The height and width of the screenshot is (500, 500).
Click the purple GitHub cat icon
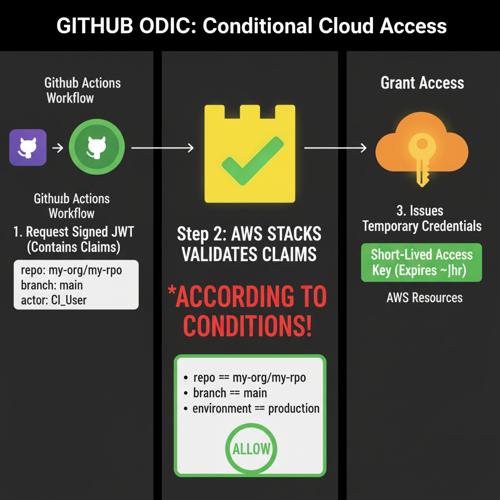28,147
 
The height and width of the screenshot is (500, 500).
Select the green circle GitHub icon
97,147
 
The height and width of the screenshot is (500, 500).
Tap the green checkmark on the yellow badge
250,161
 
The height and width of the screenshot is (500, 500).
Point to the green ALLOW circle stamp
251,448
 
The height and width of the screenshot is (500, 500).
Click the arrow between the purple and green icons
58,147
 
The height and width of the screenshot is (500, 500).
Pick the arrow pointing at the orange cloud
335,147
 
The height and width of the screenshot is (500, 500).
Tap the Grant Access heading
422,83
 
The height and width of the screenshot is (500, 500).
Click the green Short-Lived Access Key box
421,262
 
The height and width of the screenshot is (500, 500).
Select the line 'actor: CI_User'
54,300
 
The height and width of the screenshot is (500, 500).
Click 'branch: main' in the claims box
52,285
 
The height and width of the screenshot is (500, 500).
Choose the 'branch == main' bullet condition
230,393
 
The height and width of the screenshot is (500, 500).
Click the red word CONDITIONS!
248,326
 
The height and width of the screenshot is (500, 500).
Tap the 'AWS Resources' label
424,297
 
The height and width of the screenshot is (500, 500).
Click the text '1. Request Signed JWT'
73,232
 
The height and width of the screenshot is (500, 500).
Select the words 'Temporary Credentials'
422,226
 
